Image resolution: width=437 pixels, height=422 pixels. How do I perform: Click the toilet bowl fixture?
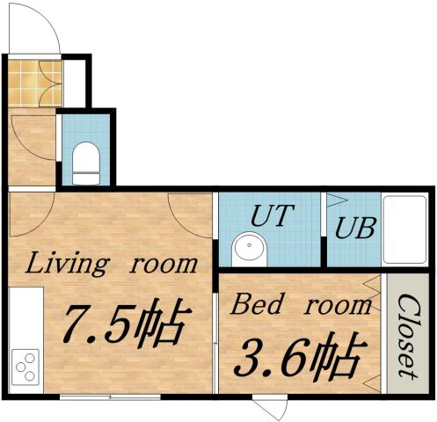(x=86, y=164)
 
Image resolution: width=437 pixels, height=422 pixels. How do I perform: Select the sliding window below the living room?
(x=110, y=397)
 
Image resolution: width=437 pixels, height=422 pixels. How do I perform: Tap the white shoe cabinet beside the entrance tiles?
(x=74, y=83)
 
